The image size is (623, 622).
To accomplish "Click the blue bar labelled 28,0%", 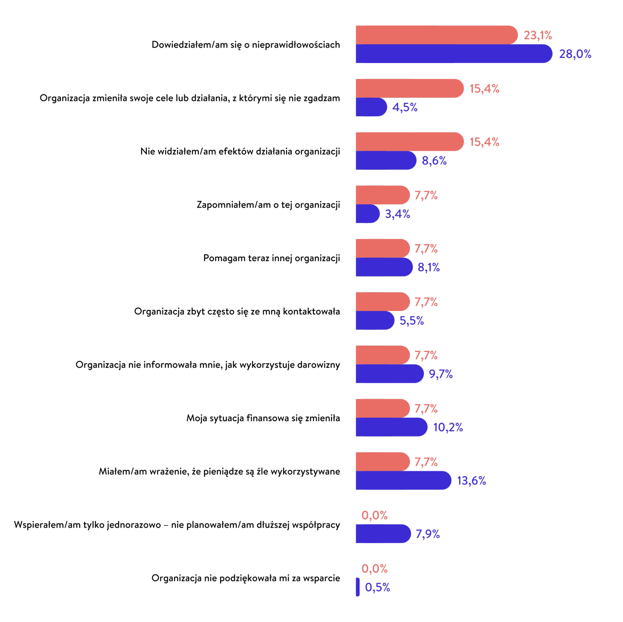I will click(453, 54).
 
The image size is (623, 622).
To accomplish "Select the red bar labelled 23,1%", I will click(436, 35).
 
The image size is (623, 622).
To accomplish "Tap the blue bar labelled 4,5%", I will click(371, 107).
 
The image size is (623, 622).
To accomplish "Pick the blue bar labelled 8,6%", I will click(386, 160).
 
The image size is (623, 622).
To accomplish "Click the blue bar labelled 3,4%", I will click(367, 214).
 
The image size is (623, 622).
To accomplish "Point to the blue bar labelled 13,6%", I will click(403, 480).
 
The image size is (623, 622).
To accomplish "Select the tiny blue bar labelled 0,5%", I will click(358, 587).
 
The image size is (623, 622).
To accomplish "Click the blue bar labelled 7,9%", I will click(383, 534).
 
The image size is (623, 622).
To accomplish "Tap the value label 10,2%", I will click(448, 427).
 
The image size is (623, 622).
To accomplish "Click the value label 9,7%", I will click(441, 374).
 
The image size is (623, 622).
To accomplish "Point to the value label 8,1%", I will click(429, 267).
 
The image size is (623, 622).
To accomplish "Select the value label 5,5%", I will click(411, 321).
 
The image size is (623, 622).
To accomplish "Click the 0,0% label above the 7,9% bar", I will click(374, 515).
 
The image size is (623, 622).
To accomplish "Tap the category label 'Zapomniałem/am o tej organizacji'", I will click(268, 205).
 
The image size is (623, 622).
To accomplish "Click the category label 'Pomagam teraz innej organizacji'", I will click(271, 258).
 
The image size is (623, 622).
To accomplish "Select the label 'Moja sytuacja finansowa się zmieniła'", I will click(263, 418).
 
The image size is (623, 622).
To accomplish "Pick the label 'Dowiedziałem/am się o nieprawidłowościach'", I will click(246, 45).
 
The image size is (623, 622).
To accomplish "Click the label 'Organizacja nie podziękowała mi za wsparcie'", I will click(246, 578).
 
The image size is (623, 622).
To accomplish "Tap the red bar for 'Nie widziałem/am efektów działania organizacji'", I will click(410, 142).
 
